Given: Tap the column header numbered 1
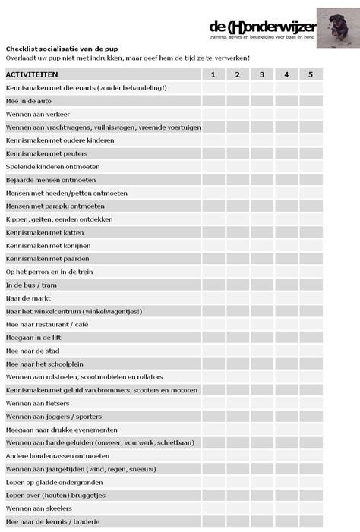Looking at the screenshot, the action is coord(213,74).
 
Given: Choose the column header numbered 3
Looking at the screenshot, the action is coord(262,74).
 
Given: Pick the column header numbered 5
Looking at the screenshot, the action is coord(311,74).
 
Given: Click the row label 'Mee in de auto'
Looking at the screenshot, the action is coord(29,101).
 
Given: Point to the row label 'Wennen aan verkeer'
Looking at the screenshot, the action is coord(33,114).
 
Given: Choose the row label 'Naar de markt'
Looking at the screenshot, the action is coord(28,298).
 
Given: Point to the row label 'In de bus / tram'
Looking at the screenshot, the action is coord(32,285).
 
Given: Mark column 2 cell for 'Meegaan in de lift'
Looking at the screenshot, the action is coord(238,338).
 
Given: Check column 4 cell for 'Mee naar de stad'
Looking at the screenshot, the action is coord(286,351).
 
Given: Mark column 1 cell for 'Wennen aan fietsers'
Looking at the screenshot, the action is coord(213,403).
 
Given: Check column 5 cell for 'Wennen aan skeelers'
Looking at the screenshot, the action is coord(311,508).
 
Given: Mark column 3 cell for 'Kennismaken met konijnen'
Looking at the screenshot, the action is coord(262,246).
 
